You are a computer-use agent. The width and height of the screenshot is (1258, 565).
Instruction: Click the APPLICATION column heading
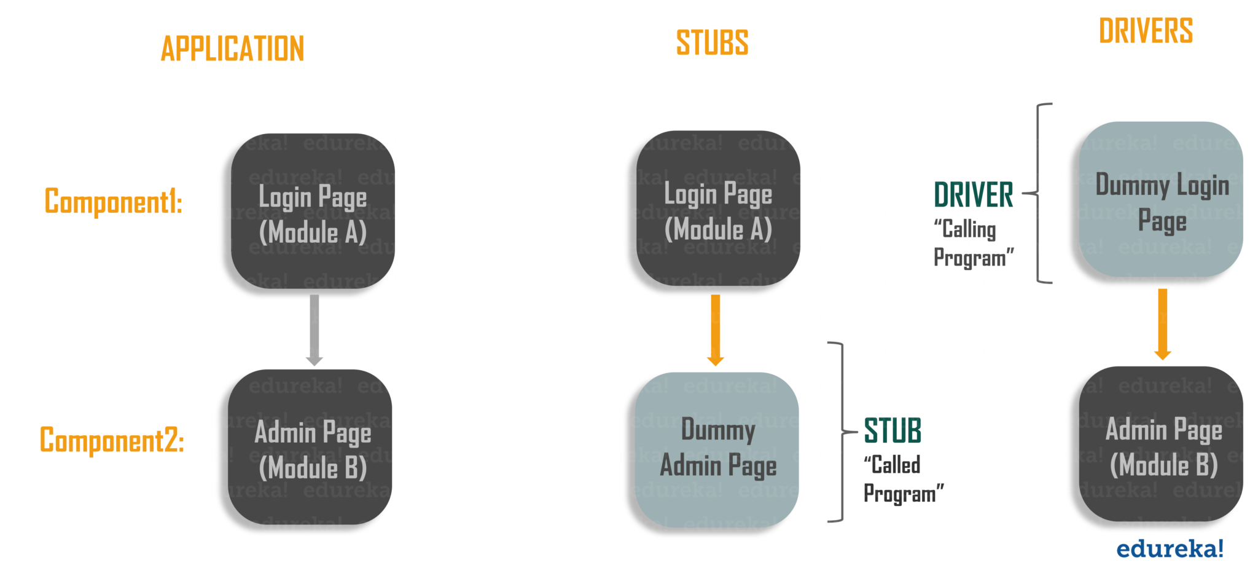232,49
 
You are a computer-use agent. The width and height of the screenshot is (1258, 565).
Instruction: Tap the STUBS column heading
712,43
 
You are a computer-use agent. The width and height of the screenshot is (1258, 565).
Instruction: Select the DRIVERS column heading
1146,31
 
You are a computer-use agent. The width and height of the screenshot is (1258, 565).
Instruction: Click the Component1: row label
113,201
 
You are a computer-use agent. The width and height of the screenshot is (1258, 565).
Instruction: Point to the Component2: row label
112,440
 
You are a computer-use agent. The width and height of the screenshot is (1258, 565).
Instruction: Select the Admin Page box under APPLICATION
311,447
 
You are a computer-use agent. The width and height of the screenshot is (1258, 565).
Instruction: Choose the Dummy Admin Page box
717,449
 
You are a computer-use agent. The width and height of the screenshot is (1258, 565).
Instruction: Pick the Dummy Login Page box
1161,199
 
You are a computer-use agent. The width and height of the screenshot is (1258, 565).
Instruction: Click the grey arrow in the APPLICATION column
314,330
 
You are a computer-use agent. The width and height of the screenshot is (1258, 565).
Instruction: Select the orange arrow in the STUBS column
716,330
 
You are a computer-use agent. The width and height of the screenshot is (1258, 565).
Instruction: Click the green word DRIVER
974,195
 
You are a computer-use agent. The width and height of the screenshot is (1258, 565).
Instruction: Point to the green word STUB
893,430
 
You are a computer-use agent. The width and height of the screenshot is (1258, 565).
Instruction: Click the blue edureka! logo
1169,548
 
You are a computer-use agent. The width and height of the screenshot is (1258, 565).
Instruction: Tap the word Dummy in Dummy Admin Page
717,430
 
